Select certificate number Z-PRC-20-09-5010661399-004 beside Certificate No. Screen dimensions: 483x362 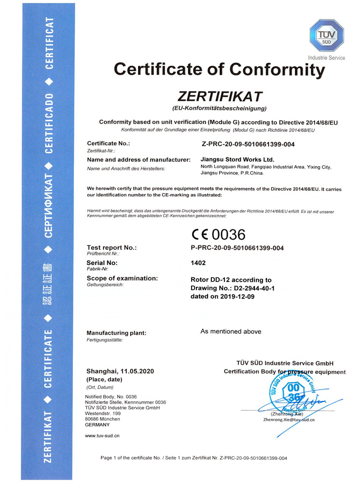248,144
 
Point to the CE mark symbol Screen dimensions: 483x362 200,235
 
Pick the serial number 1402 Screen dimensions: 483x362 198,263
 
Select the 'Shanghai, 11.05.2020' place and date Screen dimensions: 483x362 120,371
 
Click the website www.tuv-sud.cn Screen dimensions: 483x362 102,436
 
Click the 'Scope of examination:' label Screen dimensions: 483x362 122,279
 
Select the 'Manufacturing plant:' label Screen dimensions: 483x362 116,333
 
